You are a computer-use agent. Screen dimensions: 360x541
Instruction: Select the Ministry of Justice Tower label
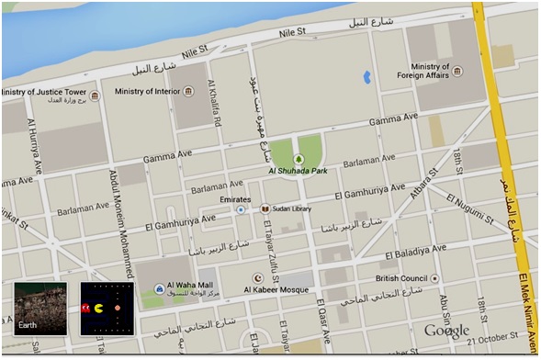[46, 92]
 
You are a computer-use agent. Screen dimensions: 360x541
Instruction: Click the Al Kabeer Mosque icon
[258, 277]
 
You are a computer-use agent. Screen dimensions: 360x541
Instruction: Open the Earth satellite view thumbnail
[39, 309]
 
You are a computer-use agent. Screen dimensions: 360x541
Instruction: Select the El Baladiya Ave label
[414, 250]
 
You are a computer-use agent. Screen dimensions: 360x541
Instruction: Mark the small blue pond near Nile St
[366, 76]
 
